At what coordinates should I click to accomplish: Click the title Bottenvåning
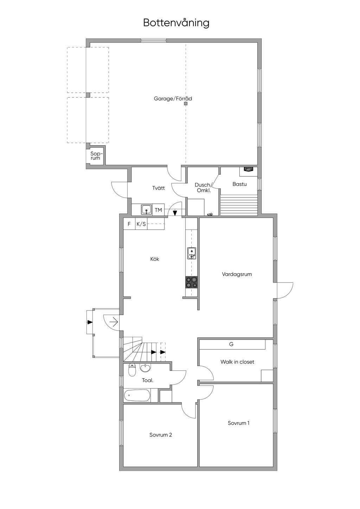click(x=176, y=23)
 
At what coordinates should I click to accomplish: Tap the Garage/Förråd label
click(x=173, y=99)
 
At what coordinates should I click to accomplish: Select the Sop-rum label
click(x=95, y=156)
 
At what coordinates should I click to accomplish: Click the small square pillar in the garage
click(x=186, y=104)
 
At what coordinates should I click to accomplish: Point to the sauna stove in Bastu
click(x=249, y=169)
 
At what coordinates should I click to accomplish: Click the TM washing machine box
click(x=159, y=210)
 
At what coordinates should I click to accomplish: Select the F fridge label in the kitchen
click(x=129, y=224)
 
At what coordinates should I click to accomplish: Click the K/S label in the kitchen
click(x=141, y=224)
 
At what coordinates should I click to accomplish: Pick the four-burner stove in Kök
click(x=191, y=282)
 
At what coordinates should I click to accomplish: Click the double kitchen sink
click(x=191, y=253)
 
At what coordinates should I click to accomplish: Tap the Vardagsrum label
click(x=237, y=274)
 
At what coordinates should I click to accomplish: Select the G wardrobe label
click(x=231, y=344)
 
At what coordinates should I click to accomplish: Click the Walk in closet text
click(x=237, y=362)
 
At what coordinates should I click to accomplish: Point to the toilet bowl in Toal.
click(x=132, y=369)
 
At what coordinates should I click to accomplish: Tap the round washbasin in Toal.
click(x=145, y=367)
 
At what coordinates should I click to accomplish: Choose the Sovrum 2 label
click(x=160, y=435)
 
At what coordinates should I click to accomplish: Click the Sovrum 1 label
click(x=238, y=423)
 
